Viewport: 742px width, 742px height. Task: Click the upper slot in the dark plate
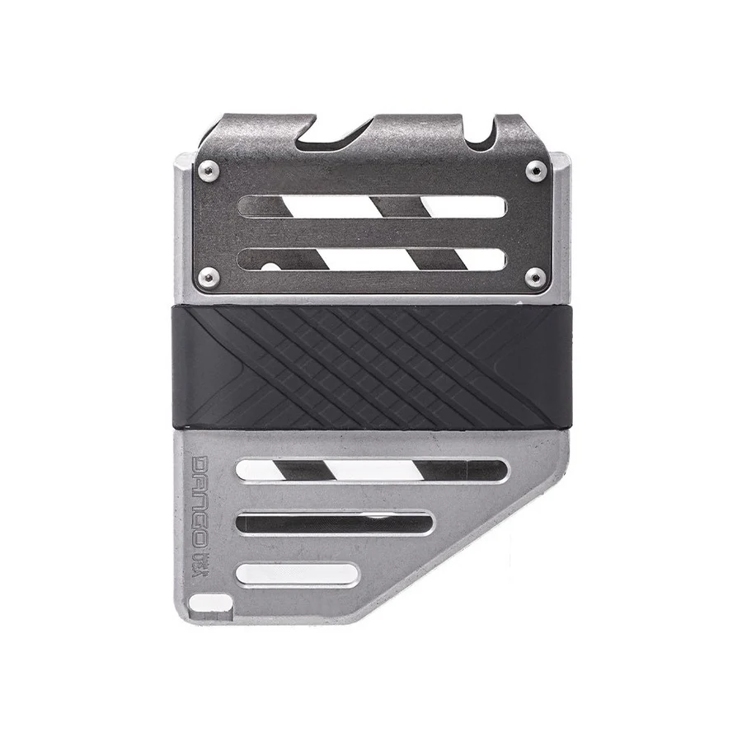pyautogui.click(x=371, y=206)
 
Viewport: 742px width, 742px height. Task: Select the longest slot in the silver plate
pyautogui.click(x=371, y=471)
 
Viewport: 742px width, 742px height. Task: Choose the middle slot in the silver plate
pyautogui.click(x=334, y=523)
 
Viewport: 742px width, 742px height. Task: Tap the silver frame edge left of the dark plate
pyautogui.click(x=183, y=223)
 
